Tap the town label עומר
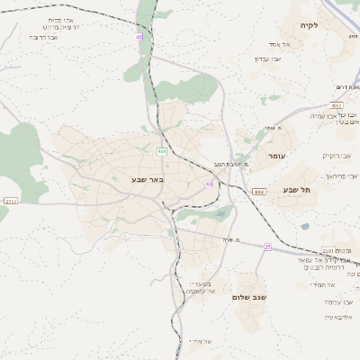point(275,156)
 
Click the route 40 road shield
point(139,37)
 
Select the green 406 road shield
point(161,150)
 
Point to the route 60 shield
point(209,184)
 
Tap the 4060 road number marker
point(259,192)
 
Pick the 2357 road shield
point(9,202)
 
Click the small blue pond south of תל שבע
point(304,226)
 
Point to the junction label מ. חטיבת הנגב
point(230,165)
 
